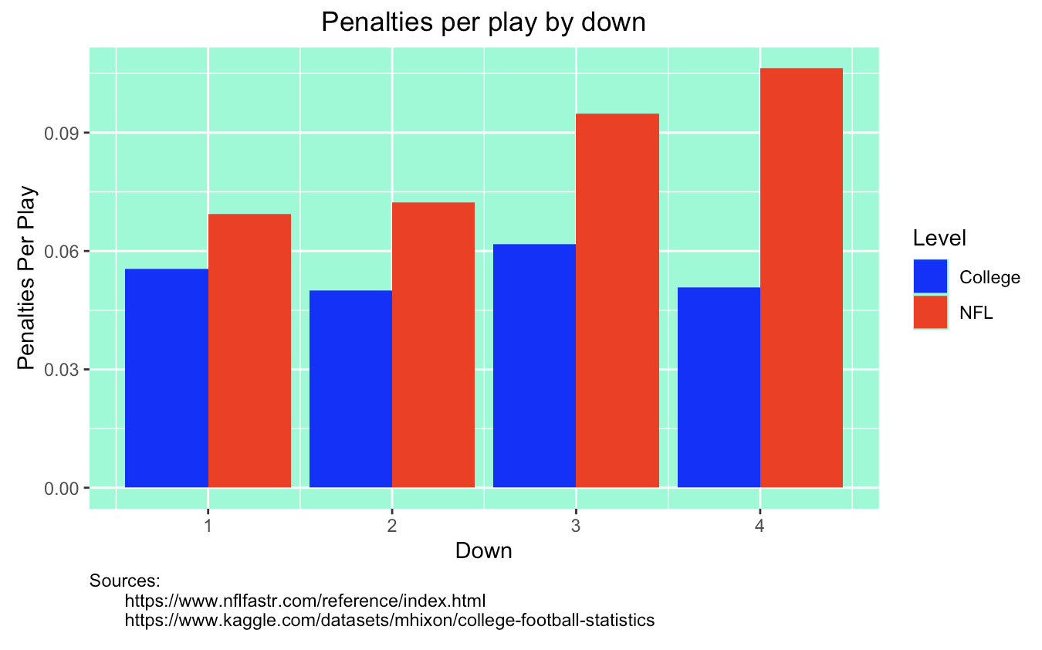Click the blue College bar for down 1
coord(166,378)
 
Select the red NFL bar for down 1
coord(249,350)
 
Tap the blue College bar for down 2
coord(350,389)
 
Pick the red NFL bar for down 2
coord(433,345)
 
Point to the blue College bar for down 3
coord(534,366)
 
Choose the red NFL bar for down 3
coord(617,300)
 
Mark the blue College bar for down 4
coord(719,388)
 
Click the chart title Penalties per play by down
coord(482,22)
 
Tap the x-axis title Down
coord(483,551)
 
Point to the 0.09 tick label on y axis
coord(65,133)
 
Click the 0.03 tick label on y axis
coord(65,370)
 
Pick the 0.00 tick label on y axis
coord(65,488)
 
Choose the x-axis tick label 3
coord(576,526)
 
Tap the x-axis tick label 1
coord(208,526)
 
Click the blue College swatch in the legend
coord(930,277)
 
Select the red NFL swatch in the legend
coord(930,313)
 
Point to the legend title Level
coord(939,238)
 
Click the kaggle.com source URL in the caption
coord(390,620)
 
